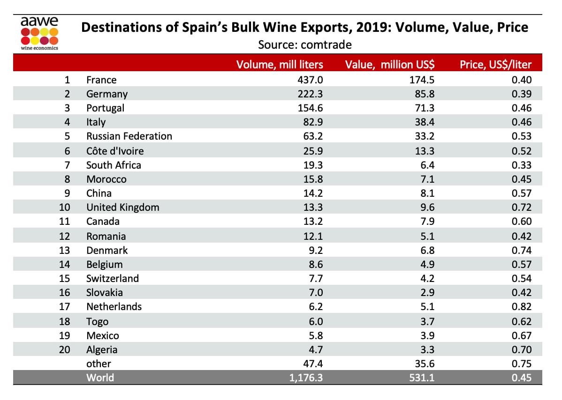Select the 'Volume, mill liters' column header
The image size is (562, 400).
coord(280,65)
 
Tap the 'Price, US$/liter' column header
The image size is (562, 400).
coord(495,65)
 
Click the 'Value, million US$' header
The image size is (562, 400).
coord(389,65)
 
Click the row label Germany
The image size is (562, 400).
coord(107,94)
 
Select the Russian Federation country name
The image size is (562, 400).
coord(129,136)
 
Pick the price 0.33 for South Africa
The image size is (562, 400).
coord(522,165)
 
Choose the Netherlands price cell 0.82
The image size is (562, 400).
coord(522,307)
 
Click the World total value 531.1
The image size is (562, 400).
coord(422,378)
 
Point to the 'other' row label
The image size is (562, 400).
coord(99,363)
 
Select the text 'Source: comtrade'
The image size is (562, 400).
coord(305,45)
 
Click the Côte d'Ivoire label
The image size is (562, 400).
coord(115,151)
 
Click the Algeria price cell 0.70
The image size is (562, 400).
coord(522,349)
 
